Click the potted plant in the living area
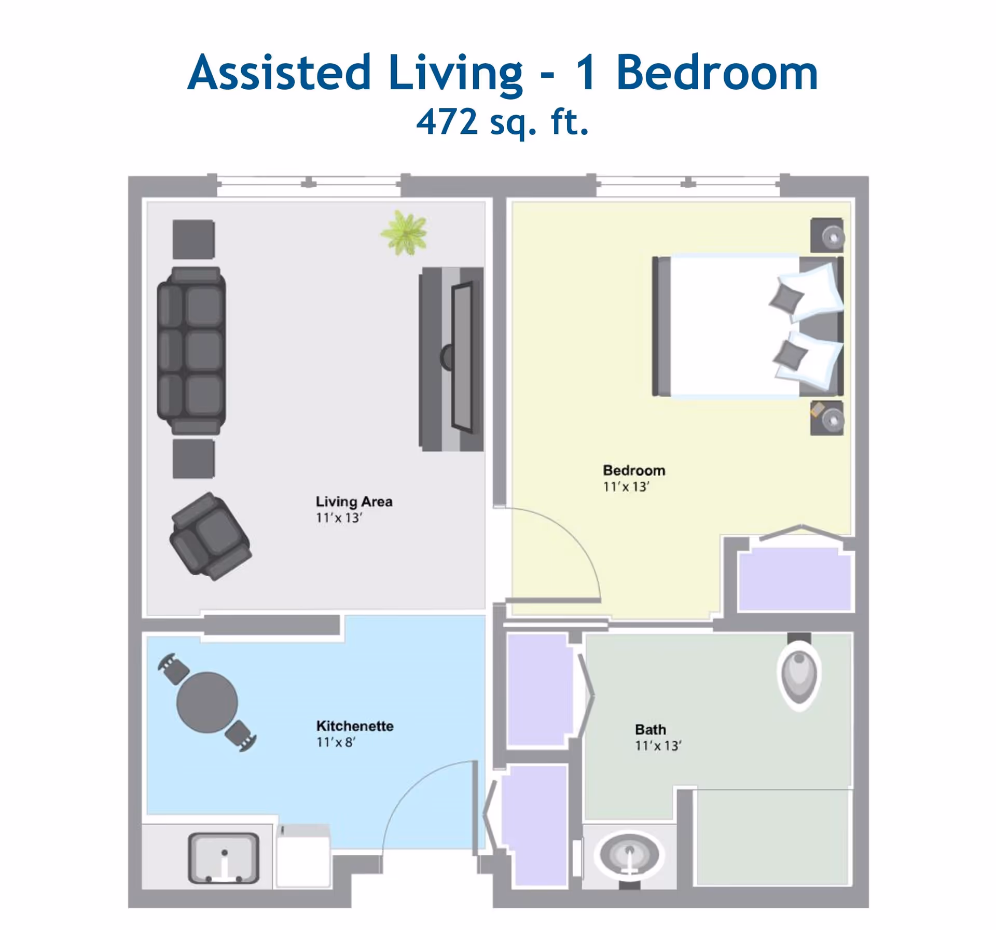tap(404, 233)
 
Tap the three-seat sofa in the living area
tap(191, 350)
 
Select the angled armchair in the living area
tap(210, 536)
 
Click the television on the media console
tap(461, 357)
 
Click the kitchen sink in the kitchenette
tap(224, 857)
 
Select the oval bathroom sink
tap(629, 854)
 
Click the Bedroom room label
tap(633, 470)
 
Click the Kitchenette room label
tap(354, 726)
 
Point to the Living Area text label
tap(354, 501)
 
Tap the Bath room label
tap(650, 729)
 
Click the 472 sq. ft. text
tap(502, 122)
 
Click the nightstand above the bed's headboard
tap(827, 235)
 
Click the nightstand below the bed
tap(827, 418)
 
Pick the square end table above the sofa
tap(193, 239)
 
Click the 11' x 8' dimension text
tap(336, 742)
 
